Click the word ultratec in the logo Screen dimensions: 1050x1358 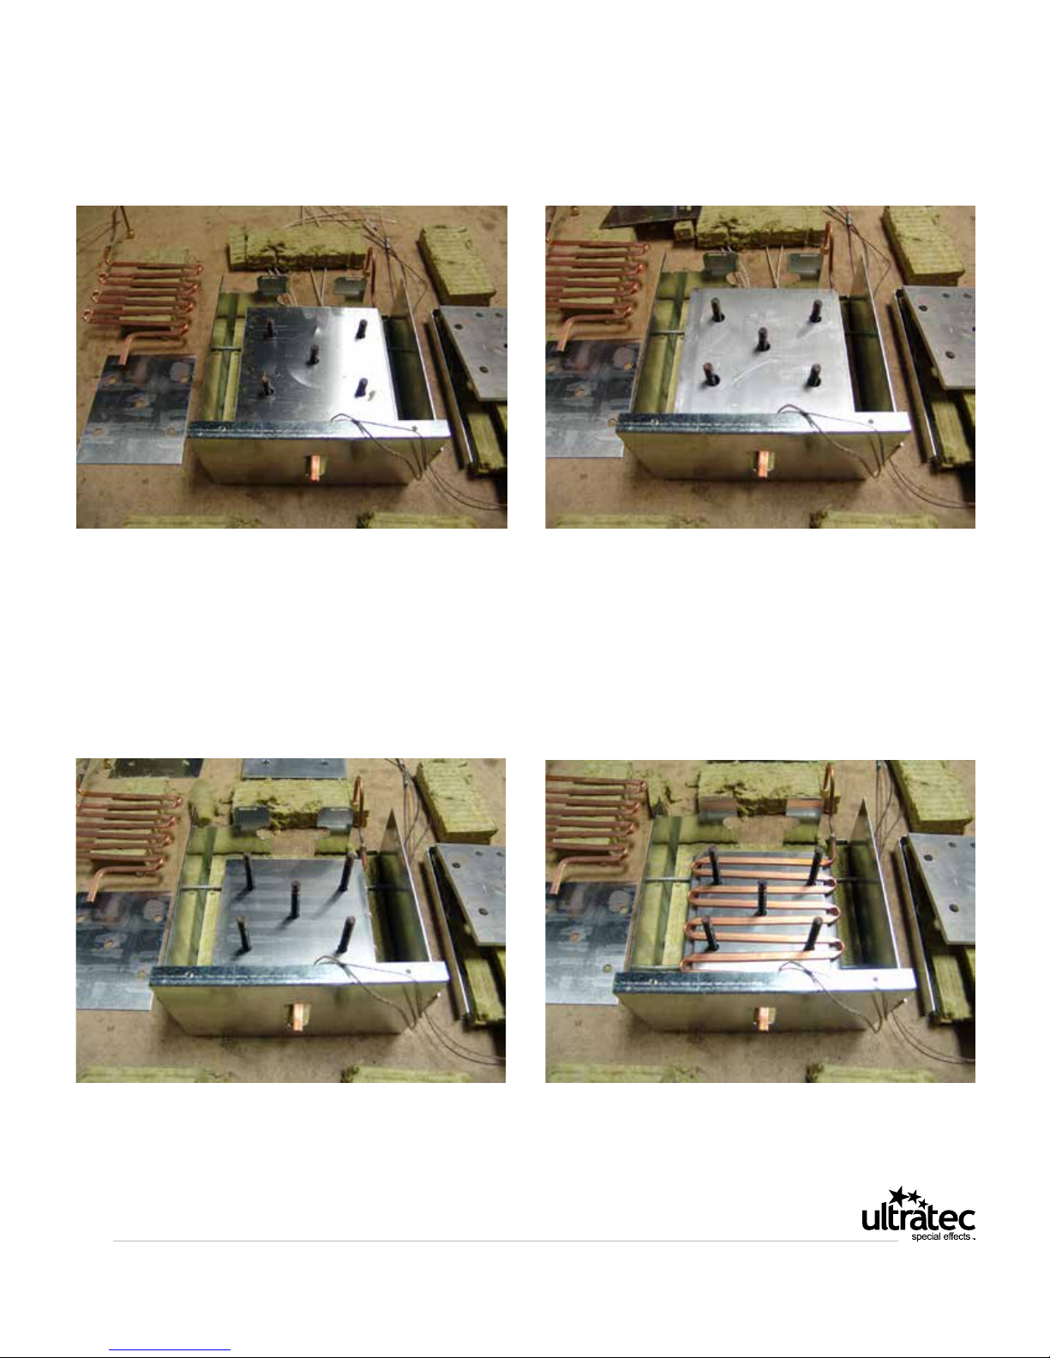[x=918, y=1218]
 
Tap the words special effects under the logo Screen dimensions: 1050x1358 [x=940, y=1236]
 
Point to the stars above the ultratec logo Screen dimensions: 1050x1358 [x=908, y=1196]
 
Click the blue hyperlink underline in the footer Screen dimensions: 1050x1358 [x=170, y=1350]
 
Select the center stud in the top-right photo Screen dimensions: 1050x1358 [x=762, y=338]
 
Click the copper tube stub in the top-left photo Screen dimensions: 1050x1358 [x=316, y=468]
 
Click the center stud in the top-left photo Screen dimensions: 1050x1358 [x=313, y=354]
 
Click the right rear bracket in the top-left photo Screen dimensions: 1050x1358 [x=350, y=287]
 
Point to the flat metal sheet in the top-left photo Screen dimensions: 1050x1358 [x=136, y=410]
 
